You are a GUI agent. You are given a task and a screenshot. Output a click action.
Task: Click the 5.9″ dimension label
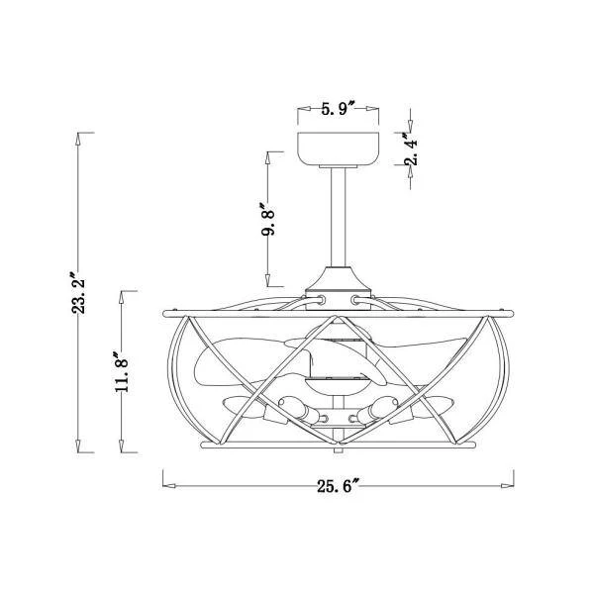point(338,109)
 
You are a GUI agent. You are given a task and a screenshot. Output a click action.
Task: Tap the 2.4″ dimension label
point(412,148)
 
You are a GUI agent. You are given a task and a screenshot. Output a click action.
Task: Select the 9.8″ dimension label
point(268,219)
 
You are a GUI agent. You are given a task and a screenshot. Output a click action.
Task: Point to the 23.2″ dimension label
point(78,291)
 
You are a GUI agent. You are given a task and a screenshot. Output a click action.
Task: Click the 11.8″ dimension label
point(122,371)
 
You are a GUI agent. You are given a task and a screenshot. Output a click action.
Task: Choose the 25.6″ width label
point(338,486)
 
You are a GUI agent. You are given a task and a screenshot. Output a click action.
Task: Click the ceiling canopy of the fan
point(338,149)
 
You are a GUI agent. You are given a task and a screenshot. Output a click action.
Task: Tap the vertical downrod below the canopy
point(338,218)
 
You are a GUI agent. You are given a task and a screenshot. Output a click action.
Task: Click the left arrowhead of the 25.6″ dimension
point(169,486)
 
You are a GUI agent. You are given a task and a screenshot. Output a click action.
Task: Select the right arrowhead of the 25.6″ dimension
point(507,486)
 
